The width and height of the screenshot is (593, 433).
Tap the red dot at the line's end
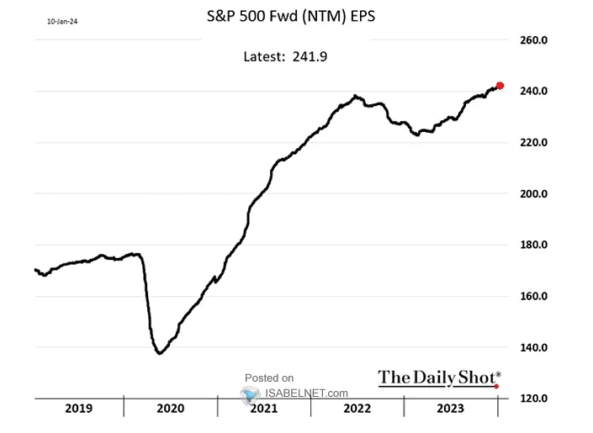(x=500, y=86)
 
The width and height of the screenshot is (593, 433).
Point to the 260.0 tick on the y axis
(x=533, y=40)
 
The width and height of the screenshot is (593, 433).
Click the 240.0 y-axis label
(x=533, y=92)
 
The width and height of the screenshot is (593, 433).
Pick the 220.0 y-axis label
(x=533, y=143)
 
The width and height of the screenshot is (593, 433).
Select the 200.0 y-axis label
(x=533, y=194)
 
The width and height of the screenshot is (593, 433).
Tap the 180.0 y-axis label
(x=533, y=246)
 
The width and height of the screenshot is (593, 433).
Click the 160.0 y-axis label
(x=533, y=297)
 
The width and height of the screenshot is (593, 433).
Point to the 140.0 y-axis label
(x=533, y=348)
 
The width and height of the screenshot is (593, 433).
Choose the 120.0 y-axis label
(x=533, y=399)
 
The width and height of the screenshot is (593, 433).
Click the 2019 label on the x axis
(x=78, y=409)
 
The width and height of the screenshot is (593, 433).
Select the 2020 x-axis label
(x=170, y=409)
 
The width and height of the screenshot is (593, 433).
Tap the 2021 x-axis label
(x=263, y=409)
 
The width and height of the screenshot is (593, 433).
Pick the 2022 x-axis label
(x=357, y=409)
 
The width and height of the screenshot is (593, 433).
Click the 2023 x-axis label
(x=450, y=409)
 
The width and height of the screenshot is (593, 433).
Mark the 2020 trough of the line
(x=160, y=352)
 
